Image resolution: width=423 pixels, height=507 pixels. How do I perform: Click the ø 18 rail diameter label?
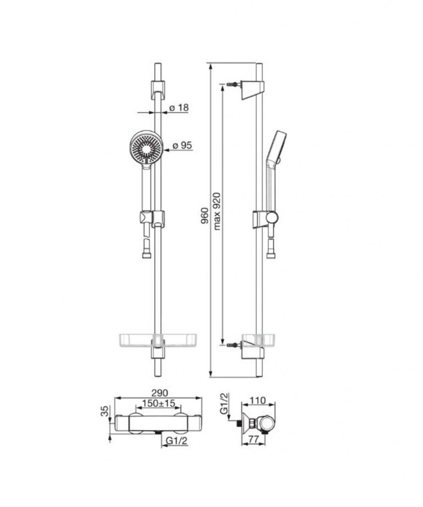pos(179,107)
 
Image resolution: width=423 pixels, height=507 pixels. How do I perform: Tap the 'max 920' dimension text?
pos(217,211)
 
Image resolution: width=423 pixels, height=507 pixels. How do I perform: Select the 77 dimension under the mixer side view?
pos(253,439)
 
